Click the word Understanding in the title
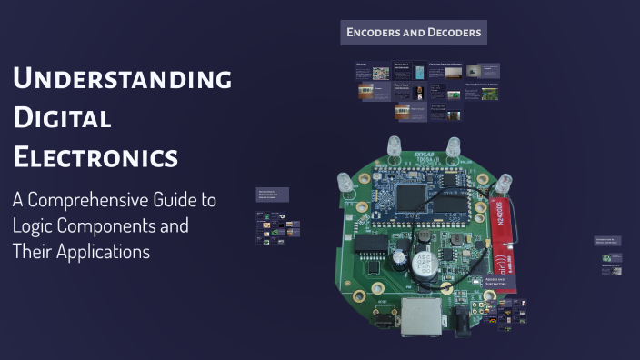123,79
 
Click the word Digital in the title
62,118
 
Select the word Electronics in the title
95,156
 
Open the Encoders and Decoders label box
414,34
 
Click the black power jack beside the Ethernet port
468,320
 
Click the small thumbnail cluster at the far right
610,264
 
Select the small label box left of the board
273,195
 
